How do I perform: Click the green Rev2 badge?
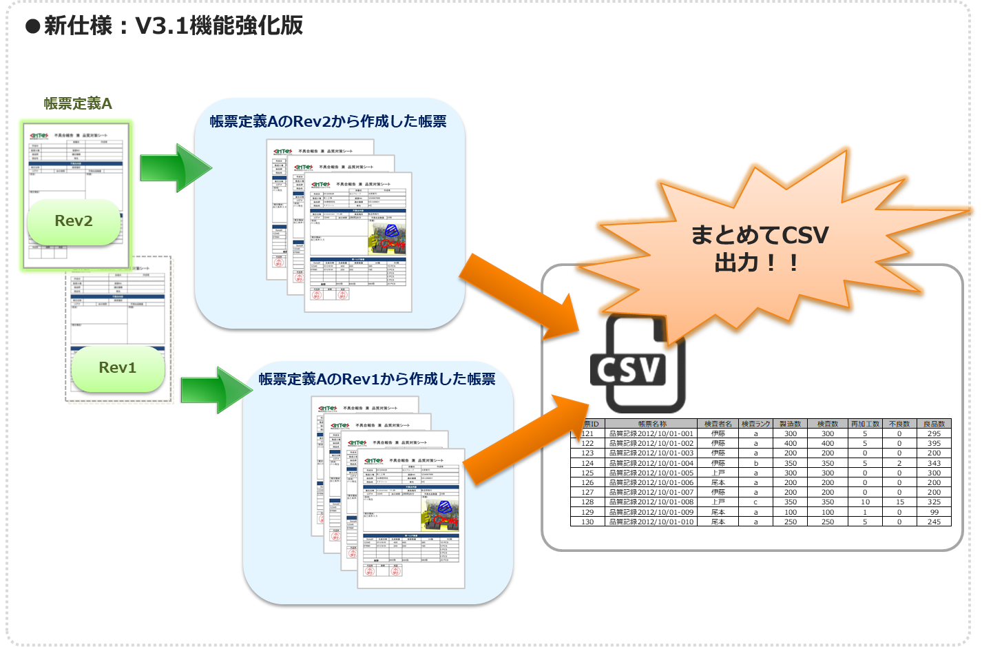tap(74, 221)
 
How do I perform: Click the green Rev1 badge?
tap(118, 368)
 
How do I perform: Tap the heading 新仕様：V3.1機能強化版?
tap(173, 25)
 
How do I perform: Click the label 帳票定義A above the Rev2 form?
tap(78, 103)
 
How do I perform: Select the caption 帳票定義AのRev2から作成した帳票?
tap(328, 122)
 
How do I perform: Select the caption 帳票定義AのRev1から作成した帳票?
tap(377, 379)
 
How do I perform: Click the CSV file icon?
tap(637, 365)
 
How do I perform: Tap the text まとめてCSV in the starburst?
tap(760, 236)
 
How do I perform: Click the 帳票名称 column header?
tap(652, 424)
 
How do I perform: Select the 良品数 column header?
tap(934, 424)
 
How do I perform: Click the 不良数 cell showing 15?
tap(899, 502)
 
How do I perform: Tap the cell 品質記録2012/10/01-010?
tap(652, 522)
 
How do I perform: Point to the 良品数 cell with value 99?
tap(934, 513)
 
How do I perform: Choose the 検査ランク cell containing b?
tap(755, 463)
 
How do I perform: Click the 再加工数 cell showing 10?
tap(865, 502)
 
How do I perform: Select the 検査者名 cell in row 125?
tap(718, 473)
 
